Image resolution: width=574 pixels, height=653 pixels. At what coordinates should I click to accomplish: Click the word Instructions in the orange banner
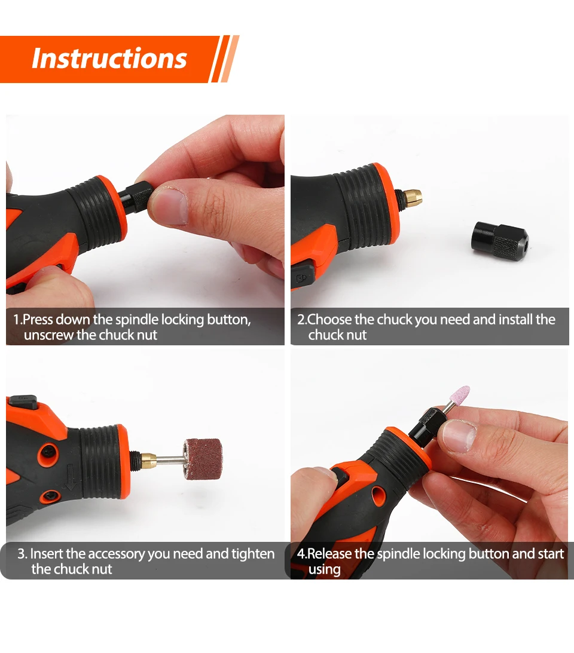tap(109, 59)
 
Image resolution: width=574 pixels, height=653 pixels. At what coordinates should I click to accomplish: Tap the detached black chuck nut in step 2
tap(499, 242)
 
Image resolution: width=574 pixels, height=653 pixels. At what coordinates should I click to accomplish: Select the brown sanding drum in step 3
tap(203, 458)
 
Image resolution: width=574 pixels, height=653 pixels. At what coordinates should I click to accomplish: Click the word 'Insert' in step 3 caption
tap(46, 554)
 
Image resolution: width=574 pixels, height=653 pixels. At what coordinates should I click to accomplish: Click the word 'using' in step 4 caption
tap(324, 570)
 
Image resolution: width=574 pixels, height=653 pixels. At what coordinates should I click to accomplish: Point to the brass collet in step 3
tap(148, 459)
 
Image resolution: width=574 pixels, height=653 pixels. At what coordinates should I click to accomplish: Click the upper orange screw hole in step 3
tap(48, 453)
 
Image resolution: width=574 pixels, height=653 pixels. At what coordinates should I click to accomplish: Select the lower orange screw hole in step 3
tap(50, 496)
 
